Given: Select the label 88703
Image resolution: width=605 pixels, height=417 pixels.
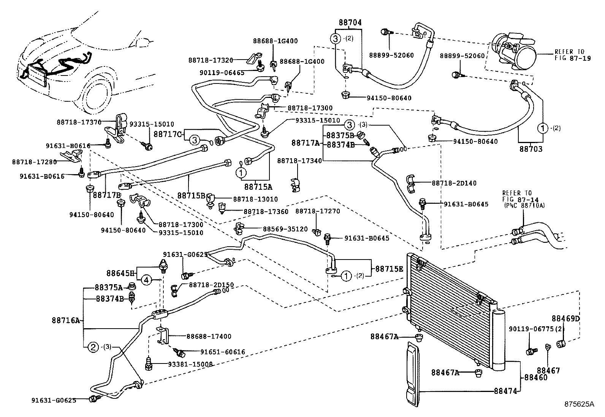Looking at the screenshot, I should click(x=531, y=149).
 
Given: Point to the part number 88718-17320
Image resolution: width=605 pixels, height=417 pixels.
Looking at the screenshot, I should click(x=211, y=60).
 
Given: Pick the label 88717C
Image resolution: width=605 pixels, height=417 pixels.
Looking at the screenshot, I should click(x=168, y=134).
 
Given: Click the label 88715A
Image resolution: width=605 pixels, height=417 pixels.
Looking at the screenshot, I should click(x=258, y=187).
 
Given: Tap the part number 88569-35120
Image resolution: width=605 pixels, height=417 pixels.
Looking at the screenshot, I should click(x=285, y=229).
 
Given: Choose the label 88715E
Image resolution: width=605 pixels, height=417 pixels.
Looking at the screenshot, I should click(x=390, y=268).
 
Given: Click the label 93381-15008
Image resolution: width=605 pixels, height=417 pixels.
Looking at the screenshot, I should click(x=190, y=364).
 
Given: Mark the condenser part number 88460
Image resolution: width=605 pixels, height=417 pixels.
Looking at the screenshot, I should click(x=536, y=378).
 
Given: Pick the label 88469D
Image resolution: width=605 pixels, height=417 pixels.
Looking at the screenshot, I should click(x=565, y=318).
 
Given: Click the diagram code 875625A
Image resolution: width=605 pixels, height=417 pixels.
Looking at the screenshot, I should click(x=579, y=404).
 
